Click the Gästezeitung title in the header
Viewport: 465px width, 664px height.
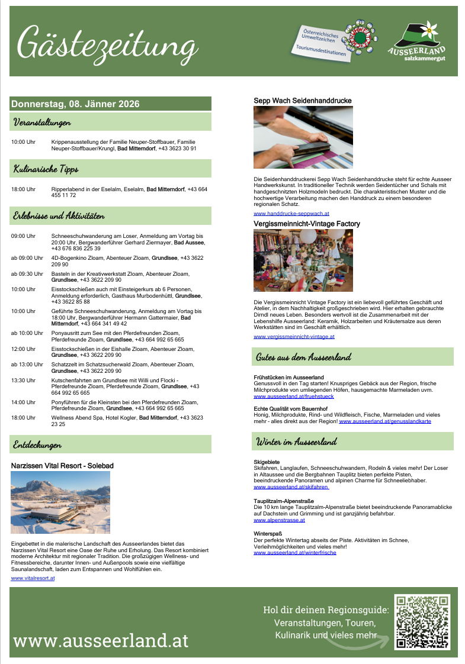tap(107, 43)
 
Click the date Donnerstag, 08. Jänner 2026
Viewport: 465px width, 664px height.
tap(75, 104)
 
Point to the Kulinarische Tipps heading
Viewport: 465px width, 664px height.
tap(46, 169)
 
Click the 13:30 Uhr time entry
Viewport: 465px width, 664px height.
tap(24, 381)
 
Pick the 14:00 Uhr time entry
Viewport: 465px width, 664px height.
tap(24, 402)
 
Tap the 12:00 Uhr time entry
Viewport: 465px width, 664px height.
tap(24, 349)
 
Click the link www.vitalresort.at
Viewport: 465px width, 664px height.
tap(33, 578)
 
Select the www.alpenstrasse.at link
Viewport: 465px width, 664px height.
tap(279, 520)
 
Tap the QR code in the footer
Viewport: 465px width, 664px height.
tap(422, 623)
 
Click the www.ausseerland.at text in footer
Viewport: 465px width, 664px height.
tap(101, 640)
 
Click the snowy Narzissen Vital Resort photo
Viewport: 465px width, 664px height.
tap(60, 502)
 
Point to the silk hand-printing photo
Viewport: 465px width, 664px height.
tap(303, 137)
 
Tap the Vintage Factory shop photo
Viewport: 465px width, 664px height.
tap(303, 260)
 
